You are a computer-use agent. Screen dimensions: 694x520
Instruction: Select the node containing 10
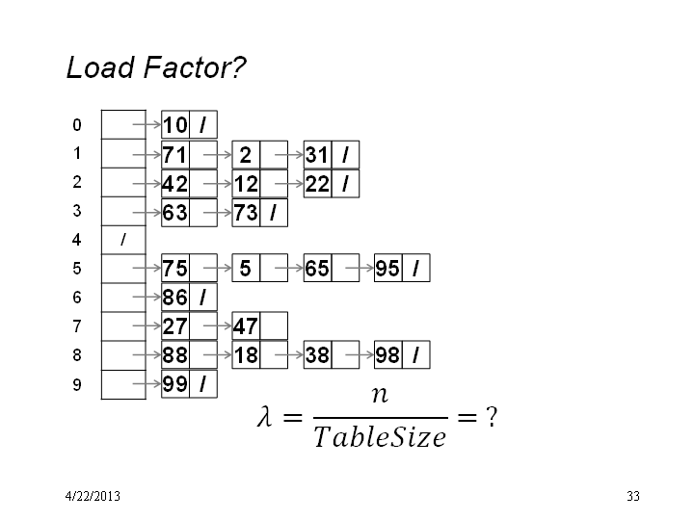pyautogui.click(x=190, y=124)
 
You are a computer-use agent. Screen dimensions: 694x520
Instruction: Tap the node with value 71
pyautogui.click(x=190, y=155)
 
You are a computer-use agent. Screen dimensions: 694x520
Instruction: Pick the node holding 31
pyautogui.click(x=332, y=155)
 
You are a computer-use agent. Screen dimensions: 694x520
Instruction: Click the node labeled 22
pyautogui.click(x=332, y=184)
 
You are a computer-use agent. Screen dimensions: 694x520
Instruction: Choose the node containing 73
pyautogui.click(x=260, y=213)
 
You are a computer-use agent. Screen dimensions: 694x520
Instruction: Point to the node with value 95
pyautogui.click(x=402, y=268)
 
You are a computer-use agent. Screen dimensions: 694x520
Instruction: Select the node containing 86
pyautogui.click(x=190, y=298)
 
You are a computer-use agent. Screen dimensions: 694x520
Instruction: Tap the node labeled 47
pyautogui.click(x=260, y=325)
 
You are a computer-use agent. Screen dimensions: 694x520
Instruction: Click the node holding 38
pyautogui.click(x=332, y=354)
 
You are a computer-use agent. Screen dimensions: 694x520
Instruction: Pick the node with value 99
pyautogui.click(x=190, y=384)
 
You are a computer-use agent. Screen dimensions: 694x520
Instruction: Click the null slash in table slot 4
pyautogui.click(x=123, y=240)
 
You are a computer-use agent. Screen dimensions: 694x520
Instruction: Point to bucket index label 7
pyautogui.click(x=77, y=326)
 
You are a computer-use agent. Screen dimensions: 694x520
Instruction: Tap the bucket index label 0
pyautogui.click(x=77, y=124)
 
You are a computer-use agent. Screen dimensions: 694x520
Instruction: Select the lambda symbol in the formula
pyautogui.click(x=264, y=417)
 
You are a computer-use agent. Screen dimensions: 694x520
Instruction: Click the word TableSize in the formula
pyautogui.click(x=380, y=437)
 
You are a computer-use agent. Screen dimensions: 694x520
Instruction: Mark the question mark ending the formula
pyautogui.click(x=492, y=417)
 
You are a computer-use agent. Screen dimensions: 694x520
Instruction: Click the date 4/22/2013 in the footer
pyautogui.click(x=93, y=496)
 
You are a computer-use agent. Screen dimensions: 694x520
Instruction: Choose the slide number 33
pyautogui.click(x=633, y=496)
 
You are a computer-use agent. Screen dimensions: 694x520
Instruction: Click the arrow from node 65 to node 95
pyautogui.click(x=360, y=268)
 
